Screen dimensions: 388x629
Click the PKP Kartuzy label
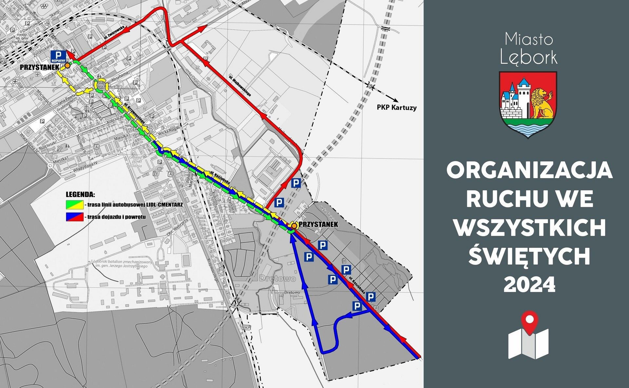[x=396, y=107]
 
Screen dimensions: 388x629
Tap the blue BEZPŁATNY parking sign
[x=59, y=56]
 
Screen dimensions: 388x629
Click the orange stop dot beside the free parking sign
[x=67, y=66]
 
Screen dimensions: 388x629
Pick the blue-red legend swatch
[x=74, y=217]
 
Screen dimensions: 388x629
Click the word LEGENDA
[x=80, y=194]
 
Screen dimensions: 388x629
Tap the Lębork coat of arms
[x=528, y=104]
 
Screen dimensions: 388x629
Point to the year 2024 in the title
[x=529, y=285]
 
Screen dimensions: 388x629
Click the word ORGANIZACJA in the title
[x=529, y=171]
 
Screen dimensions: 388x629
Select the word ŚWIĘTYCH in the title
[x=529, y=256]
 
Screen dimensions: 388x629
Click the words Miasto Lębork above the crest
[x=529, y=48]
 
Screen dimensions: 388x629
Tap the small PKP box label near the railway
[x=246, y=327]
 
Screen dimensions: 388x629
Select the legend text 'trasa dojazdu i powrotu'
[x=115, y=217]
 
